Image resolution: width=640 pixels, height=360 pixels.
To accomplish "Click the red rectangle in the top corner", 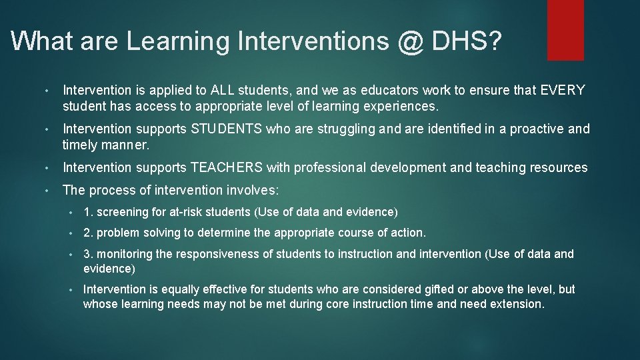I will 565,29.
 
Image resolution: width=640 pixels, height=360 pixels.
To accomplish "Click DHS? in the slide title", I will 467,42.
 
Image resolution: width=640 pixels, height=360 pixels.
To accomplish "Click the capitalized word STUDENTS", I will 227,129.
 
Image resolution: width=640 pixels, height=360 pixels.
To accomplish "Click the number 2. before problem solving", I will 88,233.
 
